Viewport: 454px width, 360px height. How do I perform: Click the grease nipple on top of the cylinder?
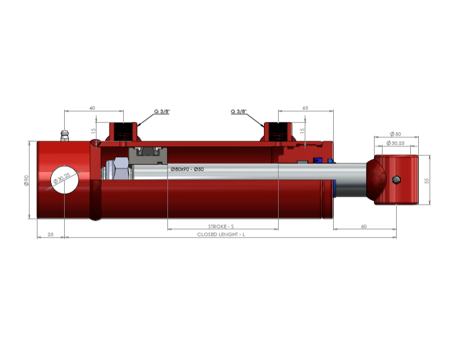pyautogui.click(x=65, y=136)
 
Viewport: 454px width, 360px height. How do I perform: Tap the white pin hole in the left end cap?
pyautogui.click(x=65, y=180)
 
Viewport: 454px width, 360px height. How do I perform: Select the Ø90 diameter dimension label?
pyautogui.click(x=26, y=180)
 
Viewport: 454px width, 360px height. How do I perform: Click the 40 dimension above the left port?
pyautogui.click(x=92, y=108)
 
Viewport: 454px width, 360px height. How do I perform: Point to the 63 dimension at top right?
pyautogui.click(x=305, y=108)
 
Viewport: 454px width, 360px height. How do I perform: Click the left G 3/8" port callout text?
pyautogui.click(x=162, y=111)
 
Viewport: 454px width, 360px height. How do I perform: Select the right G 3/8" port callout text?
pyautogui.click(x=238, y=111)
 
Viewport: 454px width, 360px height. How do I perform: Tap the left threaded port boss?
pyautogui.click(x=123, y=132)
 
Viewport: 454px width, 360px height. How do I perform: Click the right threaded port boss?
pyautogui.click(x=278, y=132)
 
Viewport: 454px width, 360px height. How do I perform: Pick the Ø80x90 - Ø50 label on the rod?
pyautogui.click(x=187, y=169)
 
